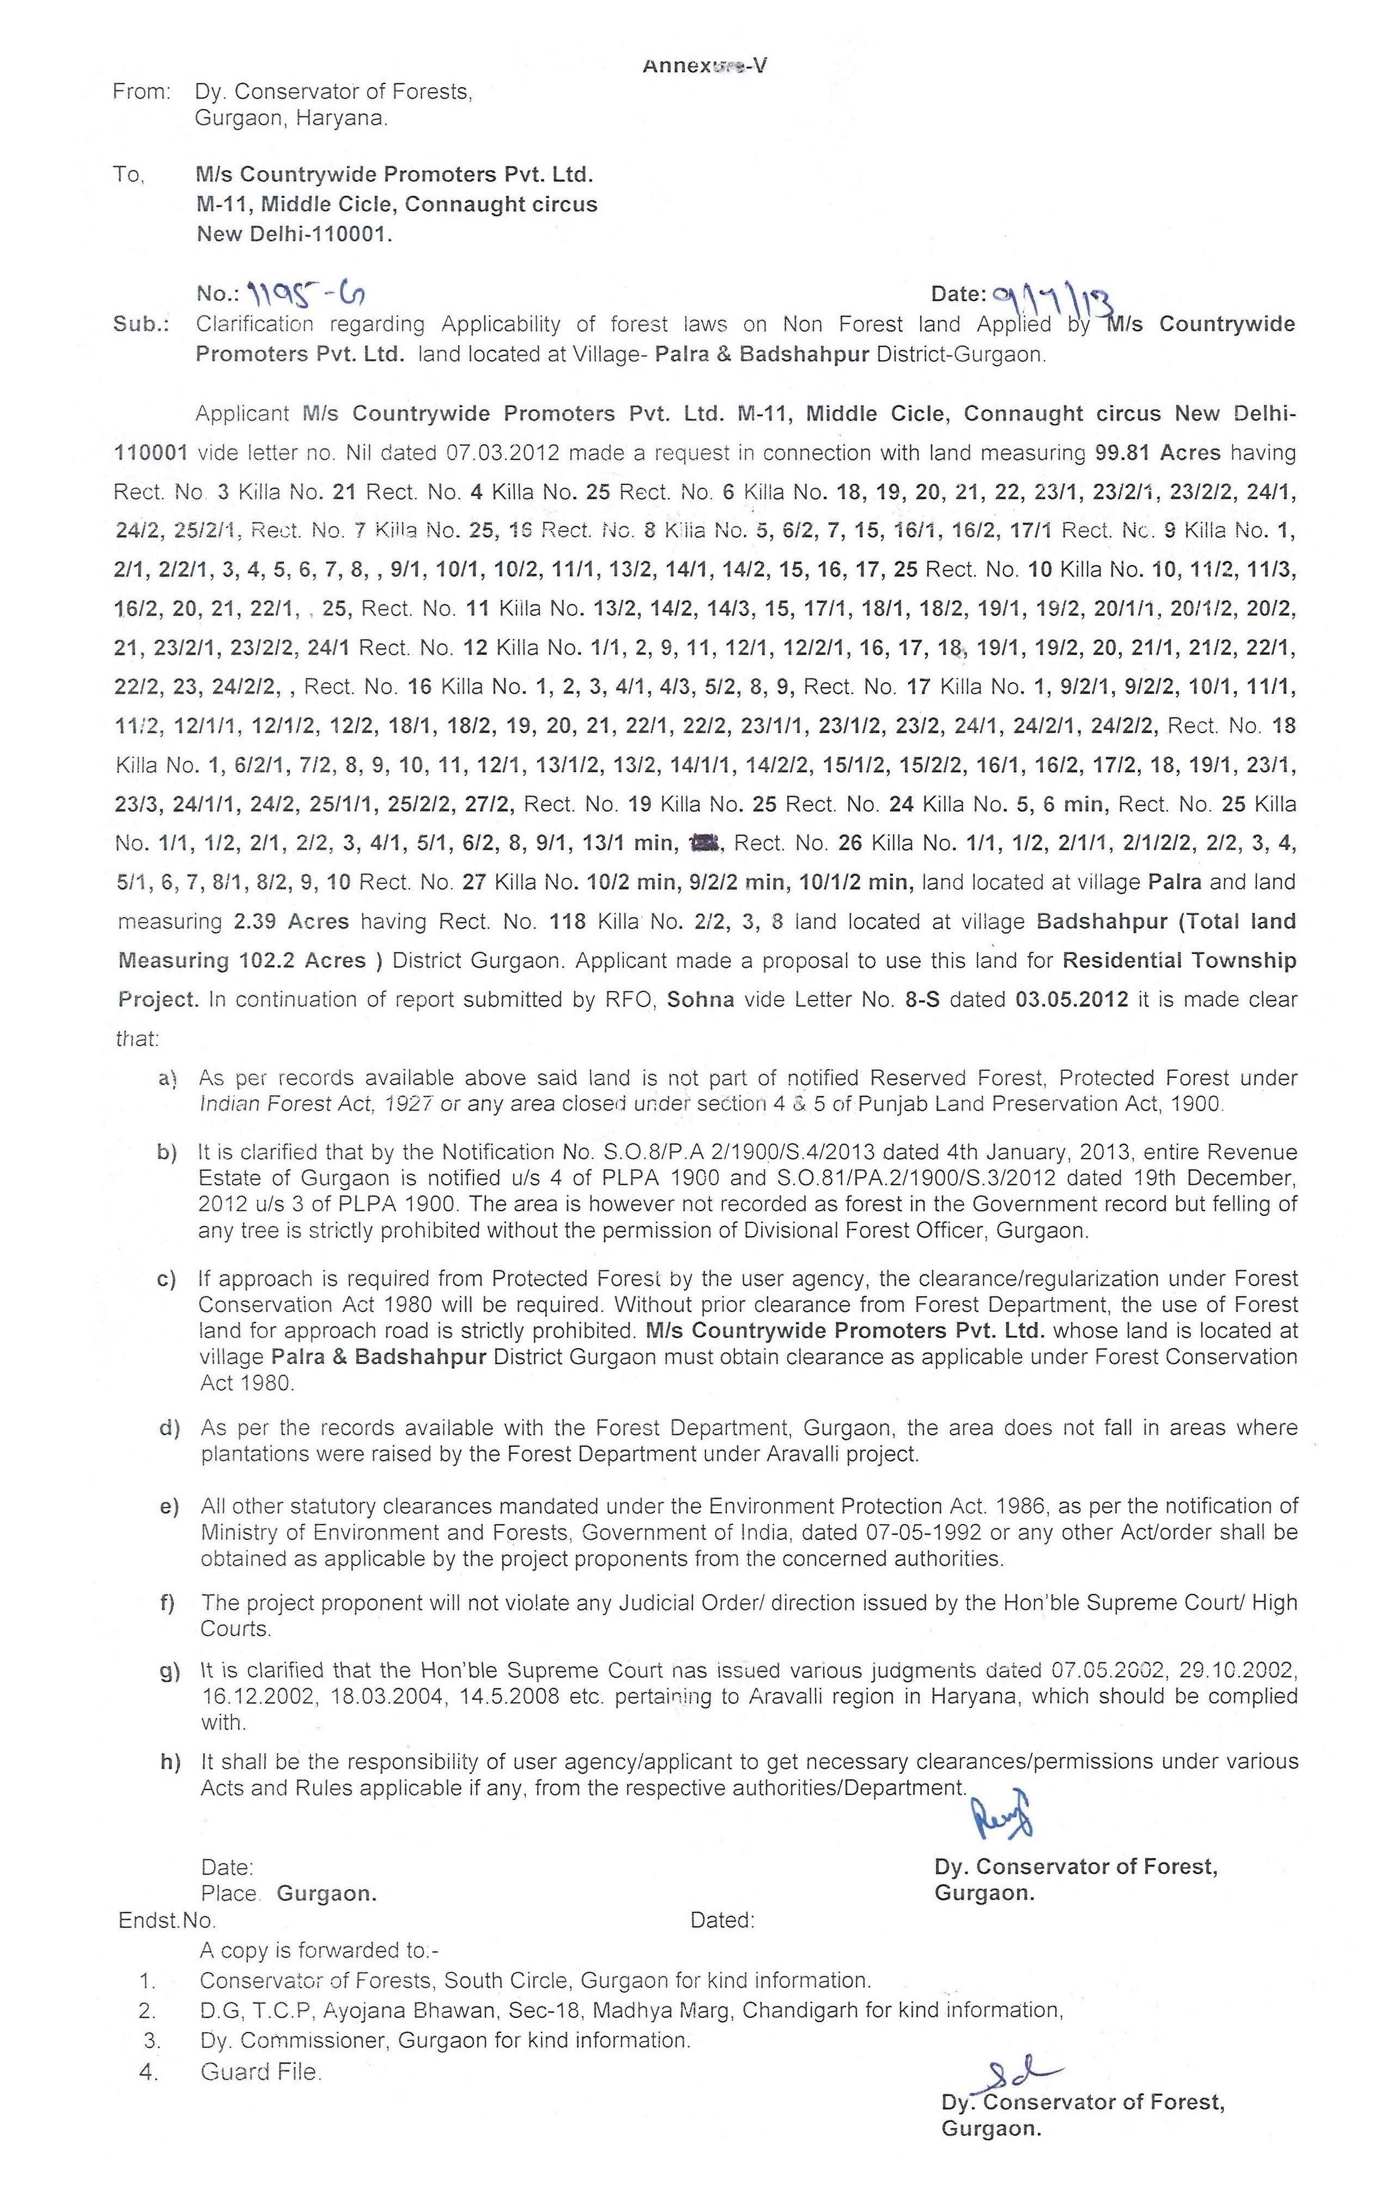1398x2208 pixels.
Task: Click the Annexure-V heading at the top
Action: point(704,65)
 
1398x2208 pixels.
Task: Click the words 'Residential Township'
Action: point(1180,960)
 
